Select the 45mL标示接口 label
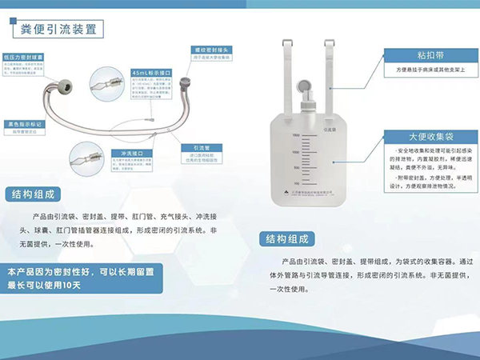[150, 73]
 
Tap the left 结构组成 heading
[34, 194]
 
